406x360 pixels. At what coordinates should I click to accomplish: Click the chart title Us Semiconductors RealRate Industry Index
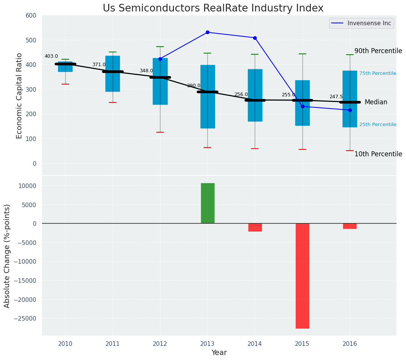pos(213,8)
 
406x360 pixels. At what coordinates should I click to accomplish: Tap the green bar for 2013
pos(208,203)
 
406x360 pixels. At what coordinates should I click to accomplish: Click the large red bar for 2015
pos(302,276)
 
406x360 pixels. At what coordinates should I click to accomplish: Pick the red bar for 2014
pos(255,227)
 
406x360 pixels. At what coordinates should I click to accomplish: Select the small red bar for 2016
pos(350,226)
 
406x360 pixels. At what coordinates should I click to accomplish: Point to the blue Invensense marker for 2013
pos(207,32)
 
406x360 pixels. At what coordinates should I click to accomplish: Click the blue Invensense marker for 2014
pos(255,38)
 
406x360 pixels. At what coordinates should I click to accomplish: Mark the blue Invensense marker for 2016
pos(350,110)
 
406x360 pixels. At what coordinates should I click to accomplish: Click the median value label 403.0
pos(51,56)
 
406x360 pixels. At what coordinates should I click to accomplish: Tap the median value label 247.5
pos(336,97)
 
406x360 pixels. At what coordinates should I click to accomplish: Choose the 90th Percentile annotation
pos(378,51)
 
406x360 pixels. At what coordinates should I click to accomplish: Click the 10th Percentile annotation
pos(378,154)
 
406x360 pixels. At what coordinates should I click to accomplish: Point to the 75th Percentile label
pos(377,73)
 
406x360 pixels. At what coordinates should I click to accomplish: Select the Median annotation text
pos(376,102)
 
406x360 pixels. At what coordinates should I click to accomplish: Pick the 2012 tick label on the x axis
pos(160,344)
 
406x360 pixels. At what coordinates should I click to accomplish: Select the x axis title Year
pos(219,353)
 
